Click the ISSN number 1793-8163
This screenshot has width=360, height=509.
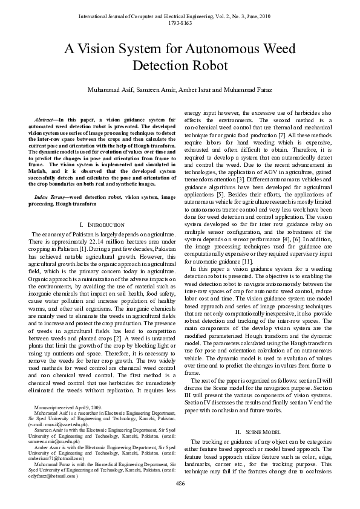click(x=180, y=23)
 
